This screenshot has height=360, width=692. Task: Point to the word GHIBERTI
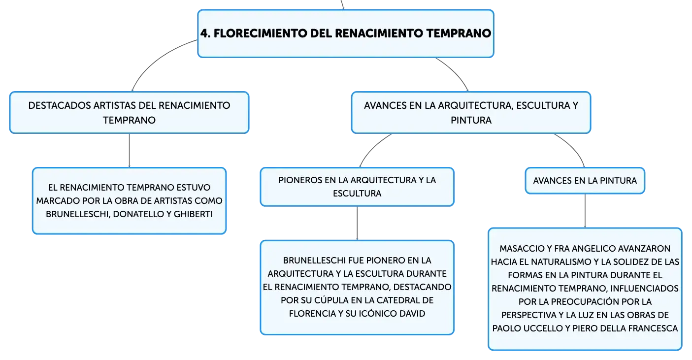coord(193,214)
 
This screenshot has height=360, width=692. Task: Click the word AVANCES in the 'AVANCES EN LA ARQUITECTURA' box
coord(385,105)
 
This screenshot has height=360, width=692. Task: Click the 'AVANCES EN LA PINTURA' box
coord(585,181)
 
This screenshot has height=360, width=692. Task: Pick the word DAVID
coord(412,313)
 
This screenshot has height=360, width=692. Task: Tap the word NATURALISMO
coord(564,262)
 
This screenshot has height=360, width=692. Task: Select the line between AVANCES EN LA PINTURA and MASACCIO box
coord(585,211)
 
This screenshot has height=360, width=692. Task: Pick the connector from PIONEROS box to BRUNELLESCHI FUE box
coord(357,223)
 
